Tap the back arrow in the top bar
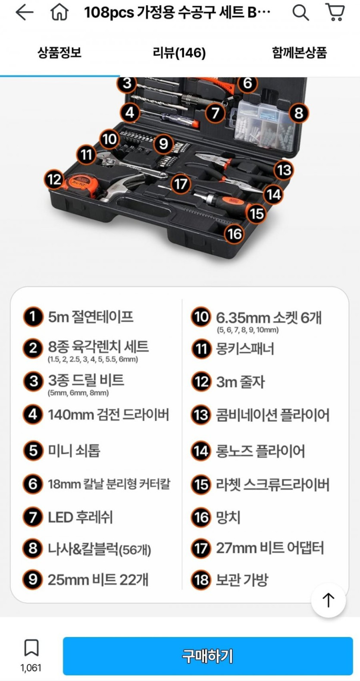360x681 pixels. click(x=24, y=13)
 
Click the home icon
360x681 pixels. click(x=59, y=13)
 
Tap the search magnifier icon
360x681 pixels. click(x=301, y=13)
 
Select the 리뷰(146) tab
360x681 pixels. click(x=179, y=53)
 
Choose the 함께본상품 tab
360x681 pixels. click(x=300, y=53)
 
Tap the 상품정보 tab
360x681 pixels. click(x=59, y=52)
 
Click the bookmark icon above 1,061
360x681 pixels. click(x=31, y=648)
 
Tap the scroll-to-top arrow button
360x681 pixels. click(x=329, y=600)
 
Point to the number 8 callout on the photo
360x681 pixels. click(x=299, y=113)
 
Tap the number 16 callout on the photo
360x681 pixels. click(x=235, y=234)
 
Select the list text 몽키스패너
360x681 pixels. click(x=245, y=349)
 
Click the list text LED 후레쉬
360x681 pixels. click(x=80, y=517)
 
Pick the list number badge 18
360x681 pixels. click(x=201, y=579)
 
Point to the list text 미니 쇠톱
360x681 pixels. click(x=74, y=450)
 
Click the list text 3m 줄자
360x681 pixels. click(x=241, y=382)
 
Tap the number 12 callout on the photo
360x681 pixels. click(x=54, y=179)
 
